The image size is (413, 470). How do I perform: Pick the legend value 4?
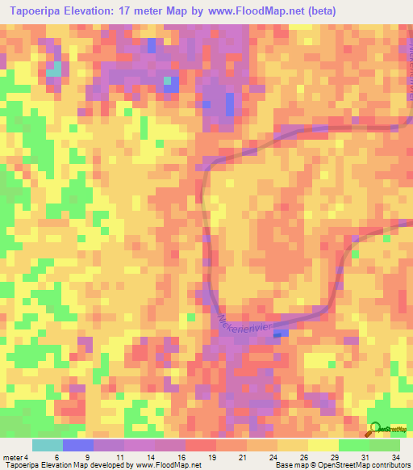pos(27,457)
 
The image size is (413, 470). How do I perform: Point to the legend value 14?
pos(149,457)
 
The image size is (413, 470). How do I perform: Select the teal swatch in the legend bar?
pos(47,445)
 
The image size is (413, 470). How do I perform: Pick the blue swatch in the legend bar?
pos(77,445)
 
